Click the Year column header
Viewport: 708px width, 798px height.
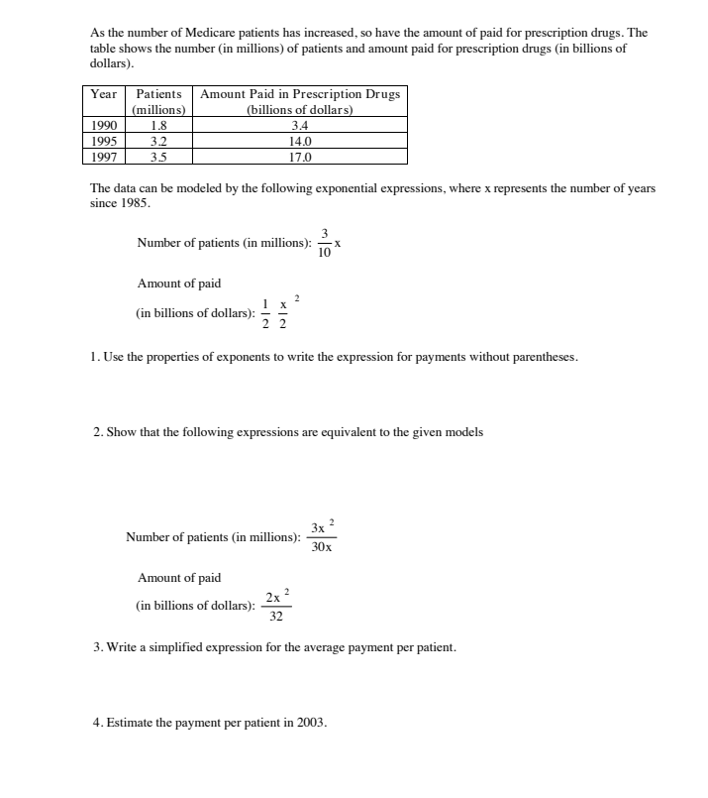tap(104, 94)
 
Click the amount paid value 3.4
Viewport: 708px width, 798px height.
tap(300, 126)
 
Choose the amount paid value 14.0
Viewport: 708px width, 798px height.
tap(300, 141)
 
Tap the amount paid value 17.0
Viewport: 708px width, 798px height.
tap(300, 157)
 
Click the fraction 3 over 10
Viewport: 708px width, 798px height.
tap(324, 243)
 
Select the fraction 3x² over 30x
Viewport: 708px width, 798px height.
tap(322, 536)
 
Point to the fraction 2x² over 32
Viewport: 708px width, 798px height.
tap(276, 605)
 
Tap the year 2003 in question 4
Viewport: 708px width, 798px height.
tap(310, 723)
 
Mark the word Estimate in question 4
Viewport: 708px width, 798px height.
tap(132, 723)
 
